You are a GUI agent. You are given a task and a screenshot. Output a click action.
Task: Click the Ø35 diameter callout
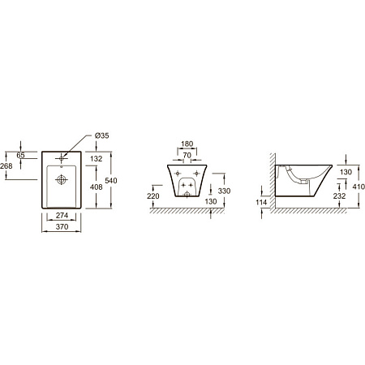pyautogui.click(x=102, y=135)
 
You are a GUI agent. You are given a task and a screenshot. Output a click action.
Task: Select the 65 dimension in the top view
pyautogui.click(x=20, y=155)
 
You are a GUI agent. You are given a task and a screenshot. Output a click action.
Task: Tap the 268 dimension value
pyautogui.click(x=6, y=166)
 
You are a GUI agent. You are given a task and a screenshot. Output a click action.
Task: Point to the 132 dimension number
pyautogui.click(x=97, y=159)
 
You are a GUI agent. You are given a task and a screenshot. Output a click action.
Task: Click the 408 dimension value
pyautogui.click(x=97, y=187)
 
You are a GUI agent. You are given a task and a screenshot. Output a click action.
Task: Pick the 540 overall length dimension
pyautogui.click(x=111, y=180)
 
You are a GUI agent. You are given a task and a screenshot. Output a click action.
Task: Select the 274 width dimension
pyautogui.click(x=62, y=216)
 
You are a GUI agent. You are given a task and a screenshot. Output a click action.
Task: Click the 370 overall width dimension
pyautogui.click(x=62, y=227)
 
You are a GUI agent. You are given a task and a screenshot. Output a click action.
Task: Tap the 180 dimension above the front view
pyautogui.click(x=187, y=144)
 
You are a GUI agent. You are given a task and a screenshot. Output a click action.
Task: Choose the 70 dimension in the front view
pyautogui.click(x=187, y=156)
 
